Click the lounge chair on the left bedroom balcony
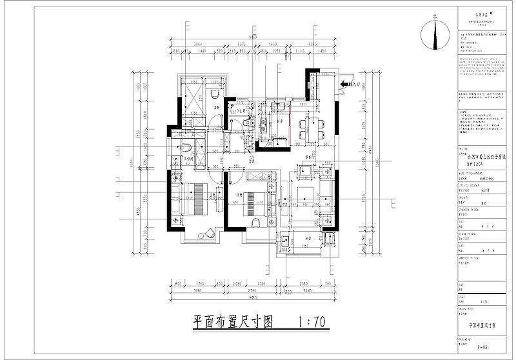click(209, 233)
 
